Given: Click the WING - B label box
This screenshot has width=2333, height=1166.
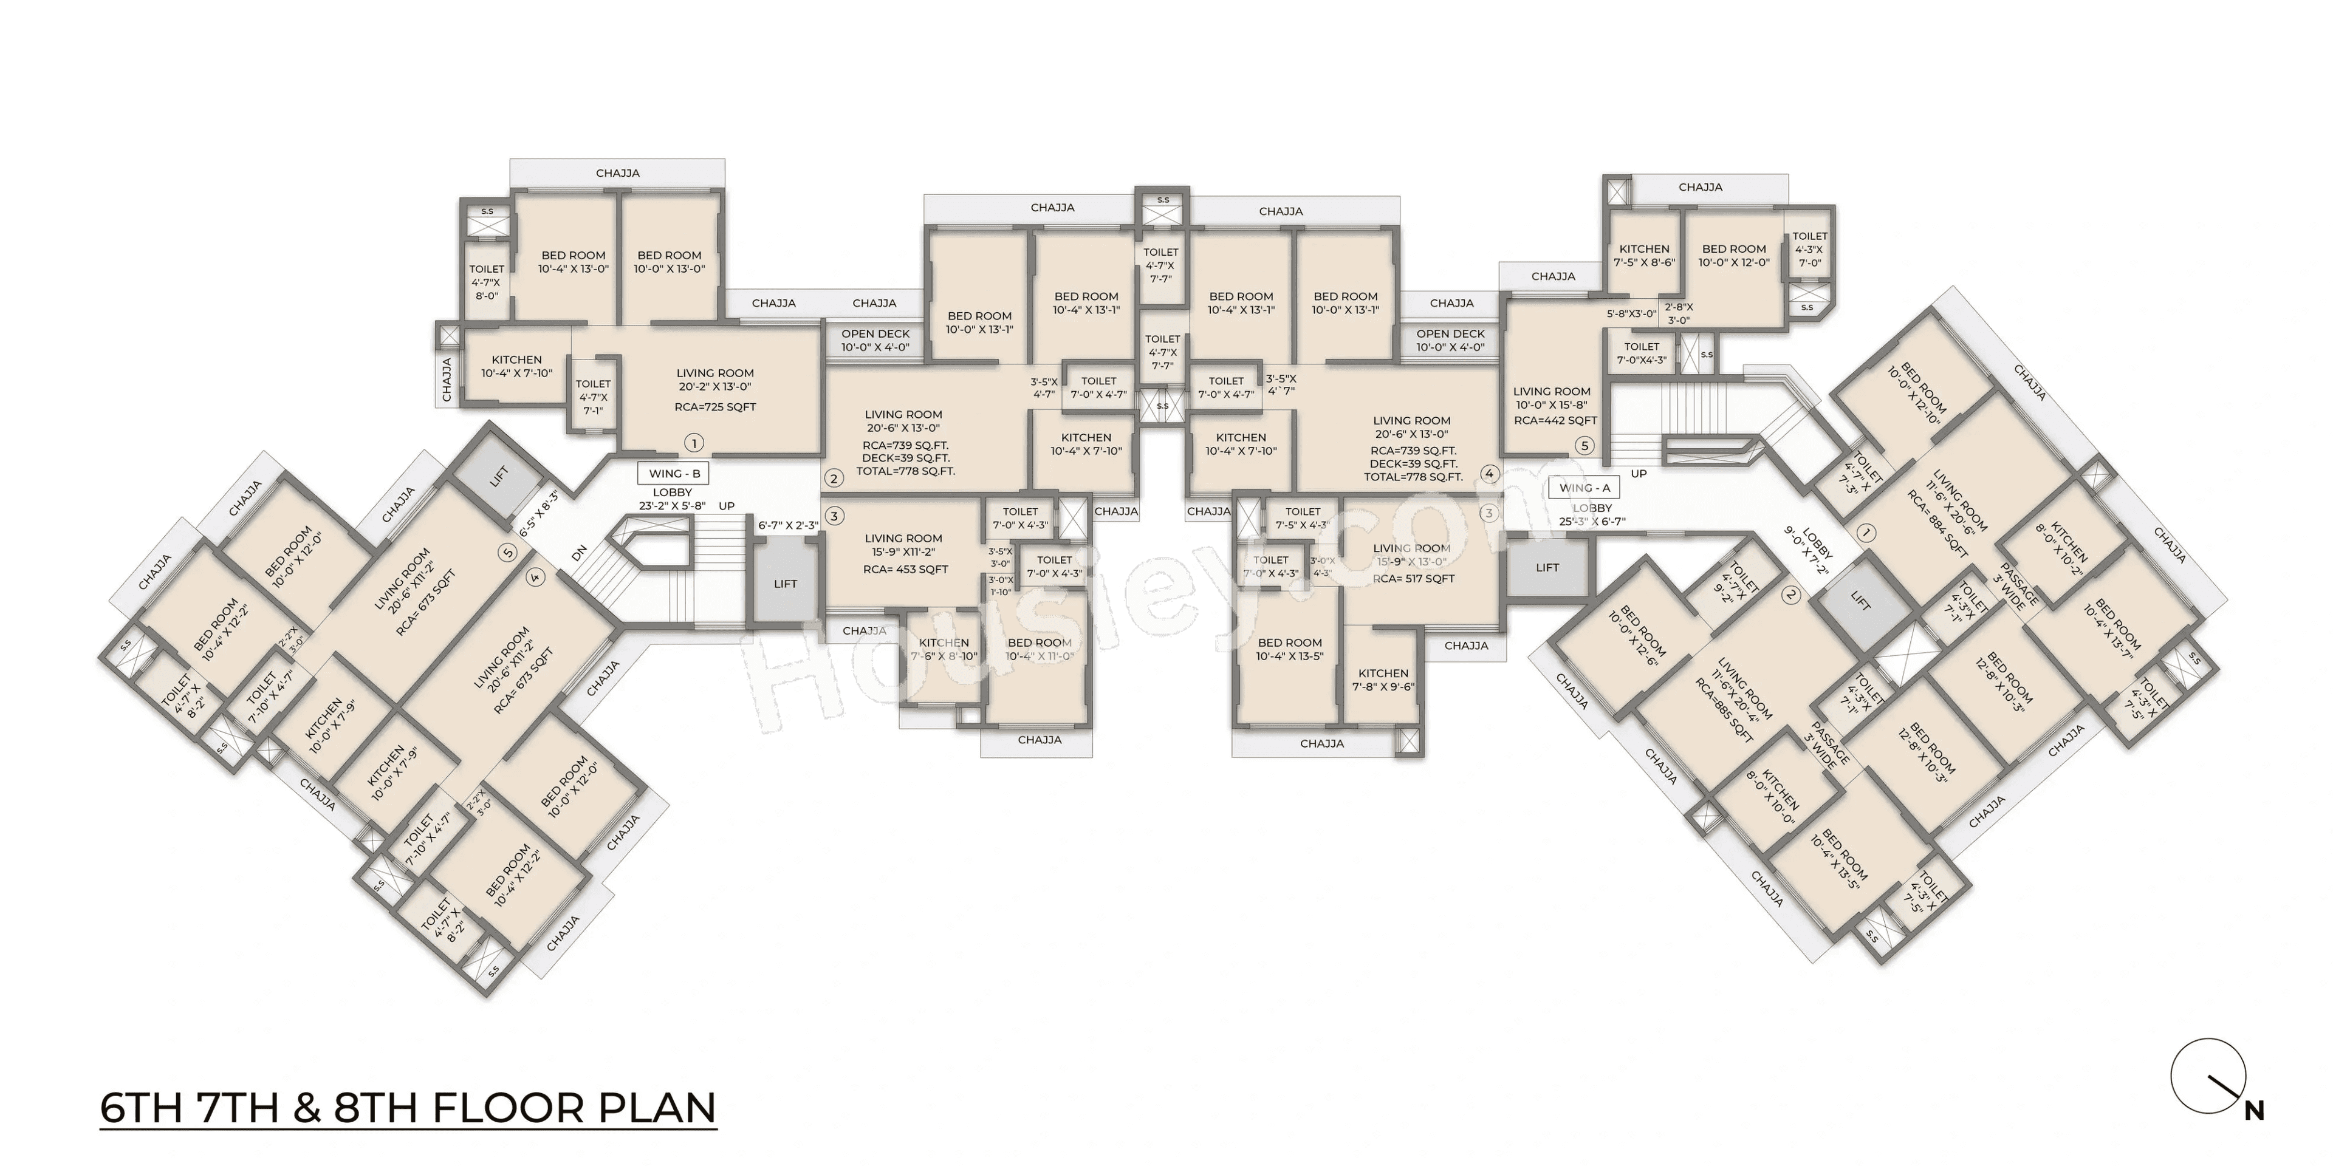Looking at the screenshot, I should [x=674, y=474].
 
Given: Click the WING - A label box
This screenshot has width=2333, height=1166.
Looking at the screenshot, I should [x=1585, y=488].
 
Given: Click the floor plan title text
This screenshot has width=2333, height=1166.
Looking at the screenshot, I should [x=408, y=1109].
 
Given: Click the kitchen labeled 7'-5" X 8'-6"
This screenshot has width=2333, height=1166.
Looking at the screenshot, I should [x=1644, y=255].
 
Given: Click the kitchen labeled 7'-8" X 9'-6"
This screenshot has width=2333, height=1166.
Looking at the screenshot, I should [x=1383, y=680].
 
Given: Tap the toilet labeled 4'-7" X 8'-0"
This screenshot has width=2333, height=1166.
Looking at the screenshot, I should [x=486, y=282].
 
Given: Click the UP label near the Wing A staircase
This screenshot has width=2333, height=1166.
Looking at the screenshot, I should [x=1639, y=474].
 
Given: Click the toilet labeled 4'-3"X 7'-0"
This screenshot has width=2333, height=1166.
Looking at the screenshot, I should [x=1809, y=250].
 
